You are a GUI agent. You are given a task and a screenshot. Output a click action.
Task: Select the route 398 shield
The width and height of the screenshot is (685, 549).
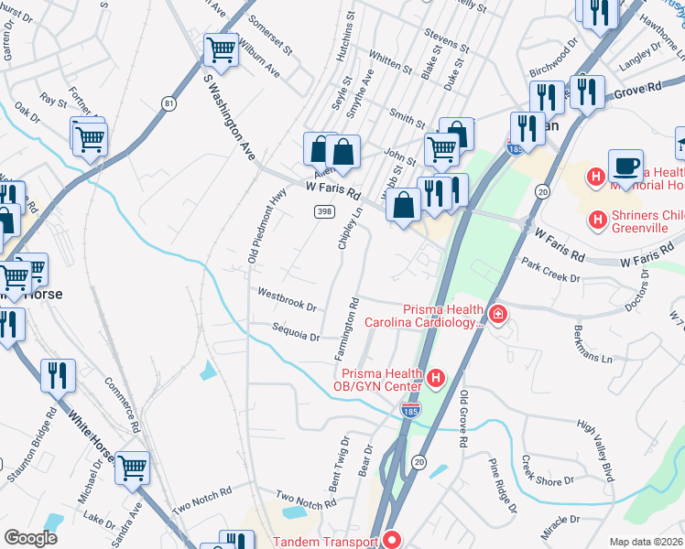click(x=323, y=211)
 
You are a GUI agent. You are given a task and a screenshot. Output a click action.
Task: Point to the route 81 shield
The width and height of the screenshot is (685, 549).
click(x=169, y=103)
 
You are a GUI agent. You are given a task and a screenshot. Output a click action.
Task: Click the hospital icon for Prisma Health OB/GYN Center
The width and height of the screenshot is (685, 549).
click(x=437, y=377)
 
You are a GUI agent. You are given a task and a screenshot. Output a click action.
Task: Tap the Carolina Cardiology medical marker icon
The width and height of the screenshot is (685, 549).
click(x=497, y=316)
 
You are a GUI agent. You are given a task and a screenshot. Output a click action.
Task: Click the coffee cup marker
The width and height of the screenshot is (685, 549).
click(x=625, y=166)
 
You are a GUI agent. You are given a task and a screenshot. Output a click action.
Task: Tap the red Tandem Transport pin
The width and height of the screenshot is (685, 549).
click(x=391, y=541)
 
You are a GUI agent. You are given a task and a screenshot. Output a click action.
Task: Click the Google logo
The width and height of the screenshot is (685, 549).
click(x=30, y=538)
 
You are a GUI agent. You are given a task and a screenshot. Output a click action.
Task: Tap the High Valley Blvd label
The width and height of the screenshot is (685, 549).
click(x=595, y=451)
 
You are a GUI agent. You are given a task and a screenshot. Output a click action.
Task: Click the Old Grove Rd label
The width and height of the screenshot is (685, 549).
click(x=464, y=417)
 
